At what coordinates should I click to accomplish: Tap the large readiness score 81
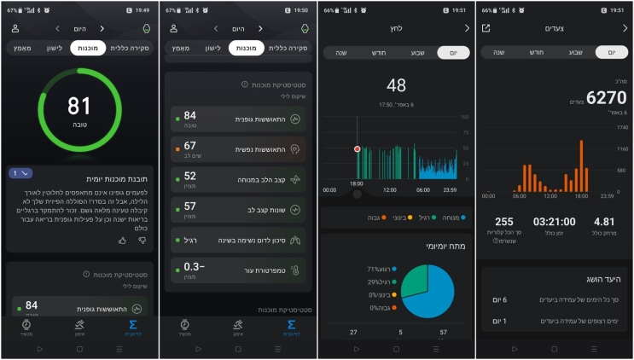pyautogui.click(x=79, y=107)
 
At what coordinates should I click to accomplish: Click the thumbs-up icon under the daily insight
pyautogui.click(x=122, y=241)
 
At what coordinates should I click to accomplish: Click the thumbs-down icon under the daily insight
pyautogui.click(x=143, y=241)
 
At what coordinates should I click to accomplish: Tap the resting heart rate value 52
pyautogui.click(x=189, y=177)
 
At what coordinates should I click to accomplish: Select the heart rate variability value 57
pyautogui.click(x=189, y=206)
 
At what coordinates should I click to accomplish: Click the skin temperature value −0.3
pyautogui.click(x=192, y=268)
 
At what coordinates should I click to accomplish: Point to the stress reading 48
pyautogui.click(x=396, y=85)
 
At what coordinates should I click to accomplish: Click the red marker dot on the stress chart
pyautogui.click(x=358, y=148)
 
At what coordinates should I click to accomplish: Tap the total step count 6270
pyautogui.click(x=607, y=99)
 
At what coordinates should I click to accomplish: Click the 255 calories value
pyautogui.click(x=504, y=223)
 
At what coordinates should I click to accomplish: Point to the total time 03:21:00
pyautogui.click(x=554, y=223)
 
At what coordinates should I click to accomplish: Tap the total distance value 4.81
pyautogui.click(x=604, y=223)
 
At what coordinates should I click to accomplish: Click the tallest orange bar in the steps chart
pyautogui.click(x=582, y=166)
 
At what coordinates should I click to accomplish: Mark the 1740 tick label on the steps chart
pyautogui.click(x=610, y=126)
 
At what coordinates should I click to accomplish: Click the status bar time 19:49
pyautogui.click(x=142, y=10)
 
